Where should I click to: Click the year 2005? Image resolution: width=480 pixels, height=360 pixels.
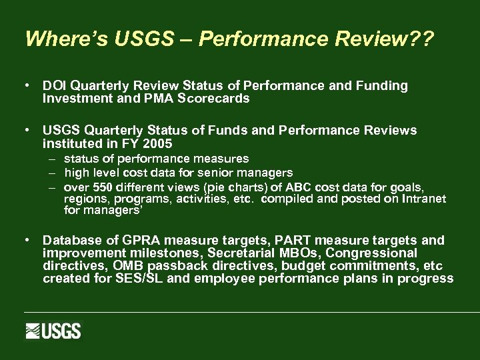click(x=159, y=143)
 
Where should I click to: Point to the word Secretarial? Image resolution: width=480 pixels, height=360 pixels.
click(x=244, y=253)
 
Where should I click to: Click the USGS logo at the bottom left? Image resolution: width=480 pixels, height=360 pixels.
click(x=53, y=331)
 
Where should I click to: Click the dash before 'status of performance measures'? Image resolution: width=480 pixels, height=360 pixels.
click(x=51, y=159)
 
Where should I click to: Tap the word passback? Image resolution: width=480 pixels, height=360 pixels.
click(x=176, y=266)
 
